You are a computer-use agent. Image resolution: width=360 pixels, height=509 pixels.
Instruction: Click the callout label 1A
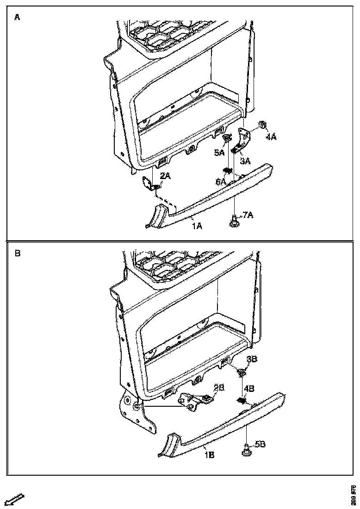pos(198,226)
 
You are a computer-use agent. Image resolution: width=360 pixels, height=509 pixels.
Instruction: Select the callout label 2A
pos(165,176)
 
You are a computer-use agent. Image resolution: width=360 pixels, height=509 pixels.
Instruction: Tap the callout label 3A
pos(245,161)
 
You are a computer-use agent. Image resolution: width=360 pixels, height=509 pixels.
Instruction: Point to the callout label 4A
pos(271,137)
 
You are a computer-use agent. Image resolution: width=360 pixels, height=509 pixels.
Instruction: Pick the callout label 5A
pos(218,152)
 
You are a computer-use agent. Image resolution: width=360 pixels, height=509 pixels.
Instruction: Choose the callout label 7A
pos(248,215)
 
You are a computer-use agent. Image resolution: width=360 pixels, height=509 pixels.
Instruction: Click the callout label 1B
pos(209,455)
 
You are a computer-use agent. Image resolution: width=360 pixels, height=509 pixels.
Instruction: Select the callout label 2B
pos(219,387)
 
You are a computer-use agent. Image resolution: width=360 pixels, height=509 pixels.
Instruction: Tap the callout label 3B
pos(252,359)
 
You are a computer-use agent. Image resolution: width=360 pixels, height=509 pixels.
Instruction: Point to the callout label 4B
pos(249,389)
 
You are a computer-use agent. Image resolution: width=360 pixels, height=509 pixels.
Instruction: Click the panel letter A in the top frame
pos(17,17)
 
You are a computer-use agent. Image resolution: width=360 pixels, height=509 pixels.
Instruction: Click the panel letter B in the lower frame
pos(17,254)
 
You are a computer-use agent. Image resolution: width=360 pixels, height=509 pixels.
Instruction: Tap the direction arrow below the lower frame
pos(14,499)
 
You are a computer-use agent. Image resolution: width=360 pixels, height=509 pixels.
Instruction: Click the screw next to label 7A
pos(234,221)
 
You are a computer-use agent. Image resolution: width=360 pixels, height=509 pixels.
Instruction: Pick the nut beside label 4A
pos(262,124)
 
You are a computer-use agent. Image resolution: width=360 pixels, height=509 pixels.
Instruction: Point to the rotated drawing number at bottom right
pos(354,495)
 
